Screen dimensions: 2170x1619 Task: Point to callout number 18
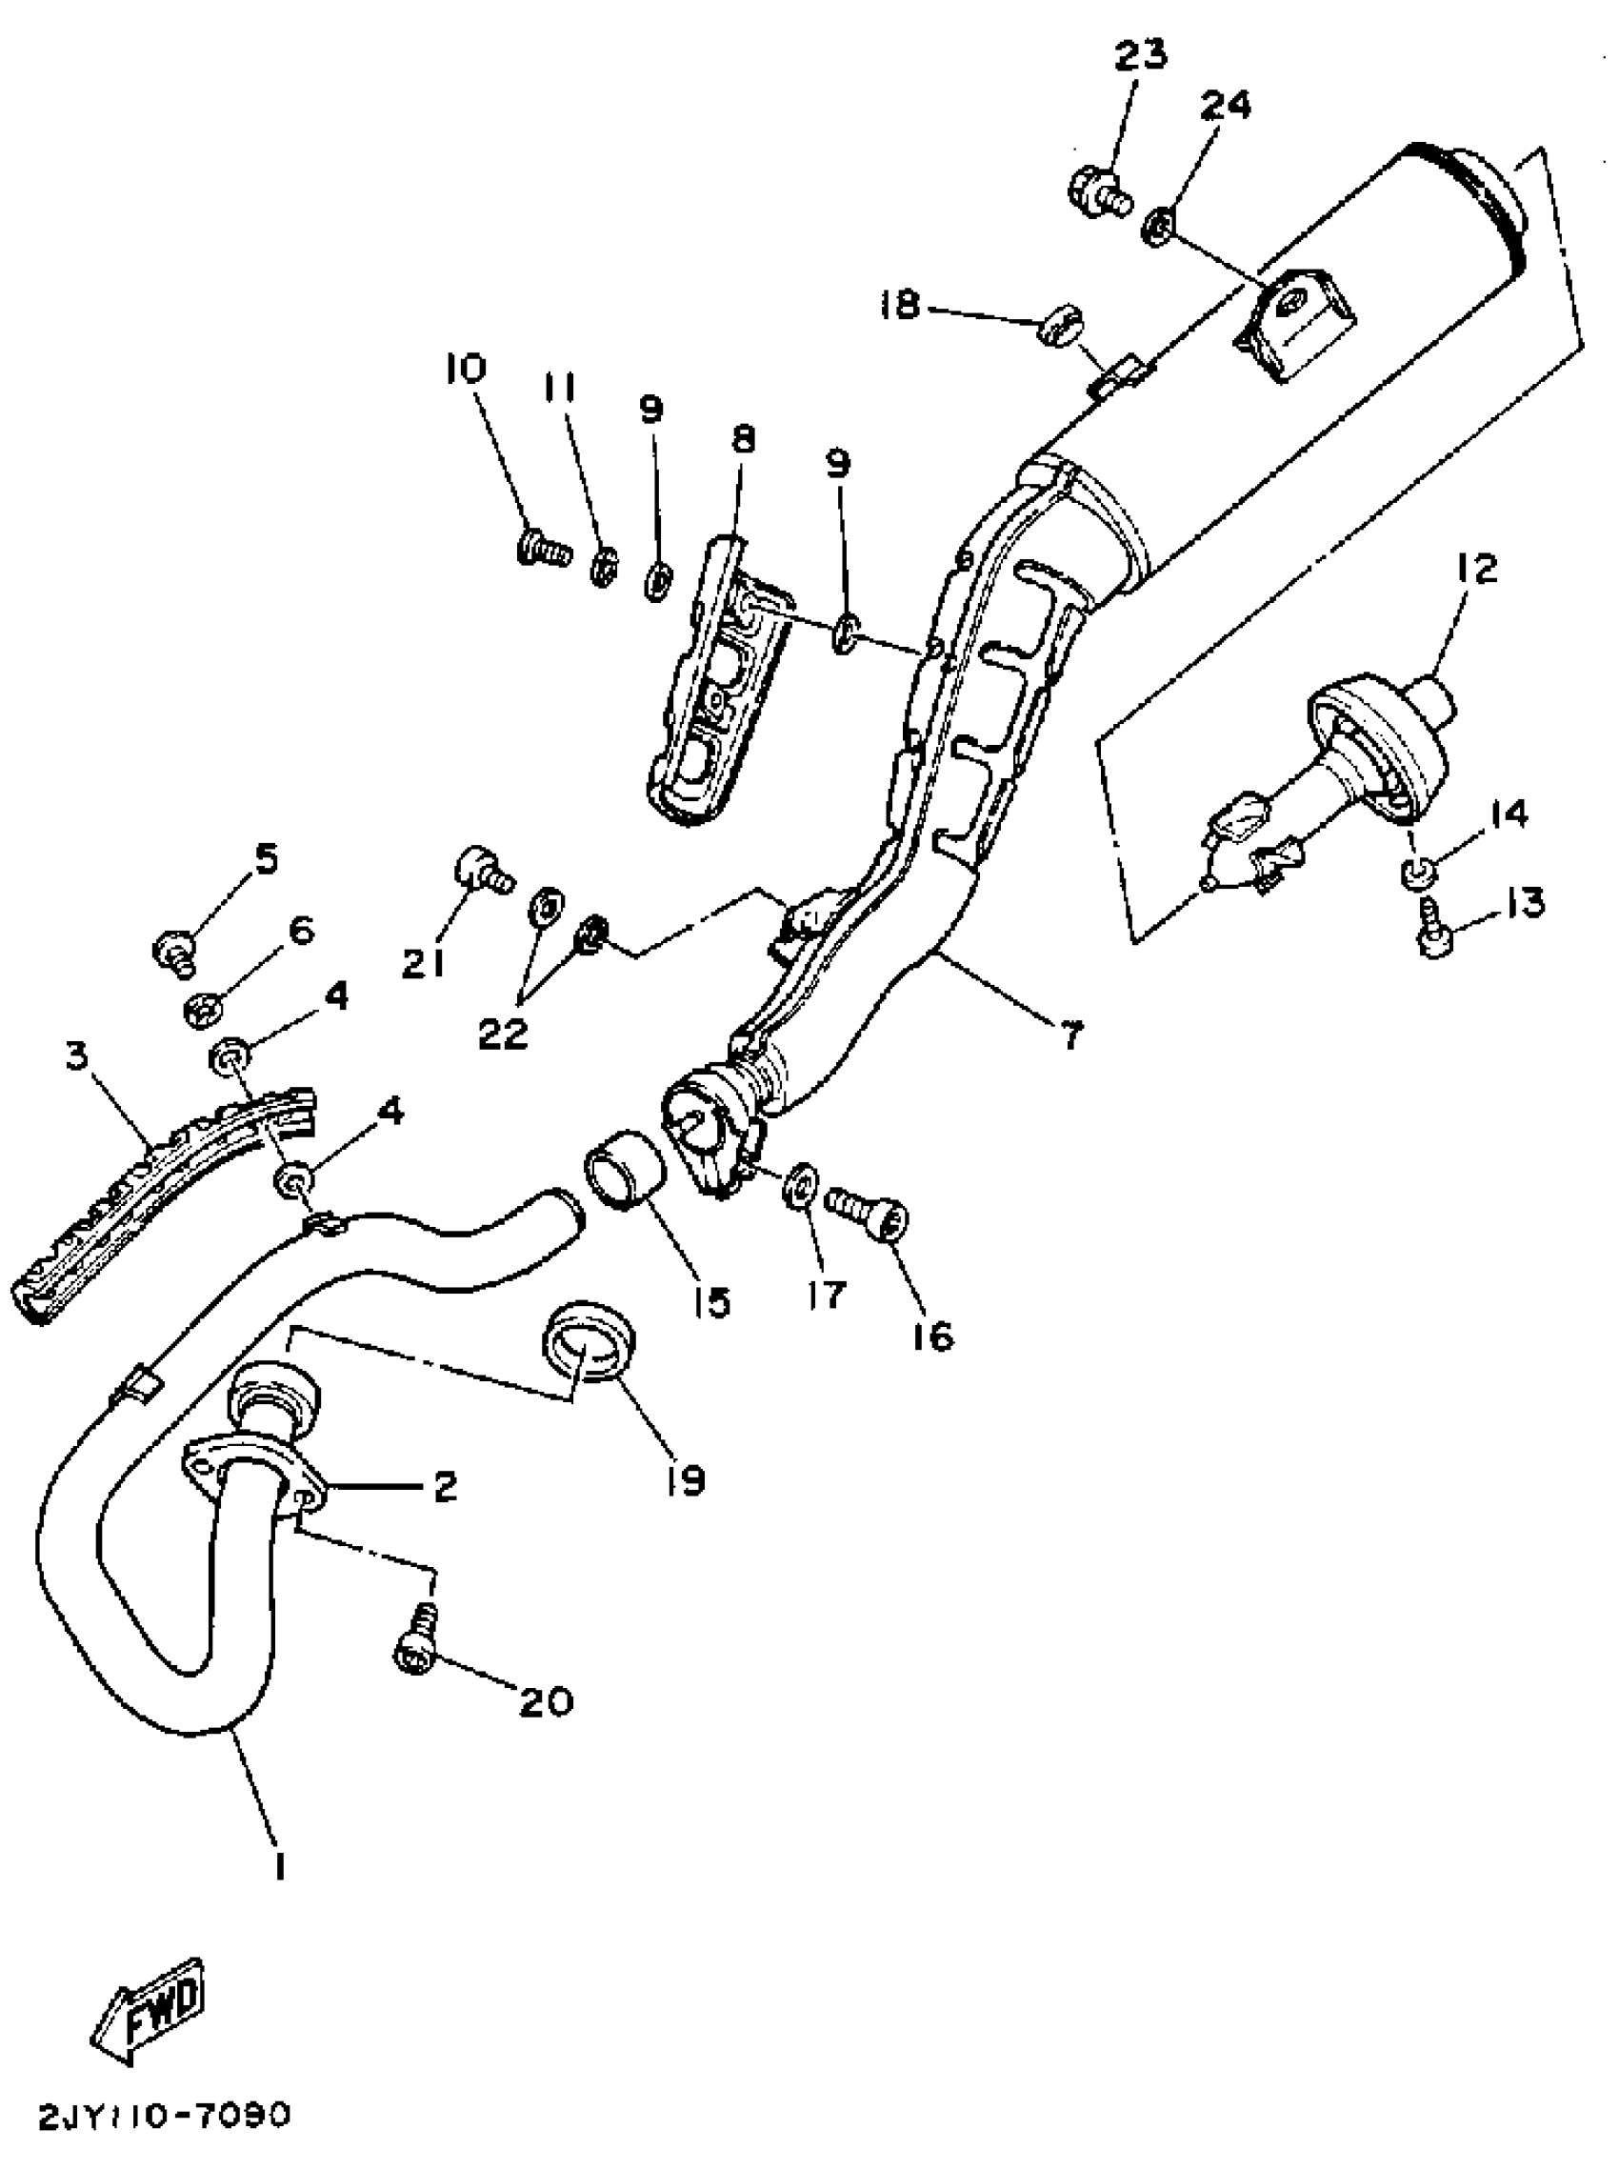pos(901,306)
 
